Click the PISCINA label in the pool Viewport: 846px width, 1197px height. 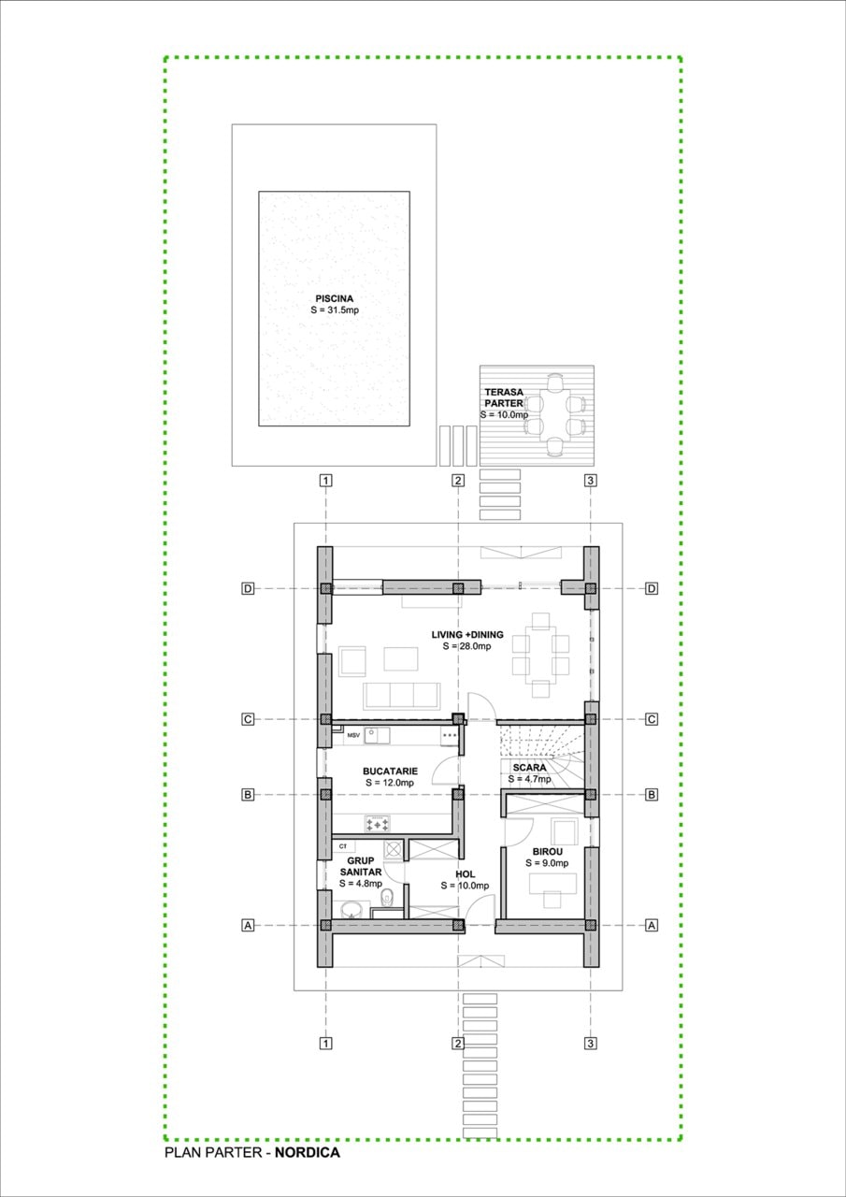pos(334,298)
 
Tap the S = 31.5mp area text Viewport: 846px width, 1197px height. pos(334,310)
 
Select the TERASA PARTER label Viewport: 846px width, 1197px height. pos(504,397)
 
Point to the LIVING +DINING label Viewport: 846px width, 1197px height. pos(467,635)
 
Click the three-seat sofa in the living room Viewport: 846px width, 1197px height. pos(401,695)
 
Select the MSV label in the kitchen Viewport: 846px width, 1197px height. pos(353,736)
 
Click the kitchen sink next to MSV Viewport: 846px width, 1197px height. pos(377,735)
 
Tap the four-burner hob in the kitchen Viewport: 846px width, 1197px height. pos(379,824)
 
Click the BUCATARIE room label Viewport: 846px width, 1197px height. pos(390,772)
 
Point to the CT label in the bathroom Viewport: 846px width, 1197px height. pos(343,845)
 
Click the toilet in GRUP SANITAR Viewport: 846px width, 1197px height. pos(389,899)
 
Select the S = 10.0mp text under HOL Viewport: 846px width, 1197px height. pos(466,886)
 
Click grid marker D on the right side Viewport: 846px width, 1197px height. pos(652,588)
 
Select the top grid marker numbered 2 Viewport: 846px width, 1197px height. pos(457,481)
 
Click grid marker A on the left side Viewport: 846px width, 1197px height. pos(248,925)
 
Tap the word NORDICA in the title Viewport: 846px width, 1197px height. pos(308,1153)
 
